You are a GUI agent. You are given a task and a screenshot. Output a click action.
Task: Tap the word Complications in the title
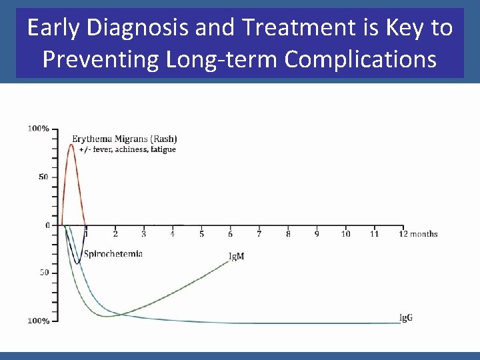361,59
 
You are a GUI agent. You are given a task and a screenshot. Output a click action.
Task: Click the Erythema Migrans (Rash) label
125,139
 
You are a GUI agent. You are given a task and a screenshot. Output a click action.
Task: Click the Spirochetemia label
113,254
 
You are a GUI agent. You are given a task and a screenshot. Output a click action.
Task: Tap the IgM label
236,256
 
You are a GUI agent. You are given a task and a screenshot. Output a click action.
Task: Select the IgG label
405,317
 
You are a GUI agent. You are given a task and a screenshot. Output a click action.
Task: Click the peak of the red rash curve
72,144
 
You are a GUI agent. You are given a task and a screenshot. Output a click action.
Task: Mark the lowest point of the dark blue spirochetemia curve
78,263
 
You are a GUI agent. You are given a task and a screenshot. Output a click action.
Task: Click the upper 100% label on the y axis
38,128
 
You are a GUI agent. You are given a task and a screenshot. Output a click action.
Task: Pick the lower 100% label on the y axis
38,321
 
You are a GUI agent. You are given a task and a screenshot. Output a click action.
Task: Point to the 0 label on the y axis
47,225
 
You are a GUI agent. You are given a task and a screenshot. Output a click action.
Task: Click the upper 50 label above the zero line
43,177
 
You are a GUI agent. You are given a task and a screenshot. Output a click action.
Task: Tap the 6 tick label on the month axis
231,234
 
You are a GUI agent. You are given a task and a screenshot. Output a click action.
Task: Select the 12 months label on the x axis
419,234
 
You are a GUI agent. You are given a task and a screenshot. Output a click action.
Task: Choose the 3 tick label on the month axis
144,234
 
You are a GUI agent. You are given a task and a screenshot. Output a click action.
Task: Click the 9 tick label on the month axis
317,234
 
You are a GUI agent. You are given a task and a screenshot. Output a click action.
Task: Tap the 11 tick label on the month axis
375,234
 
